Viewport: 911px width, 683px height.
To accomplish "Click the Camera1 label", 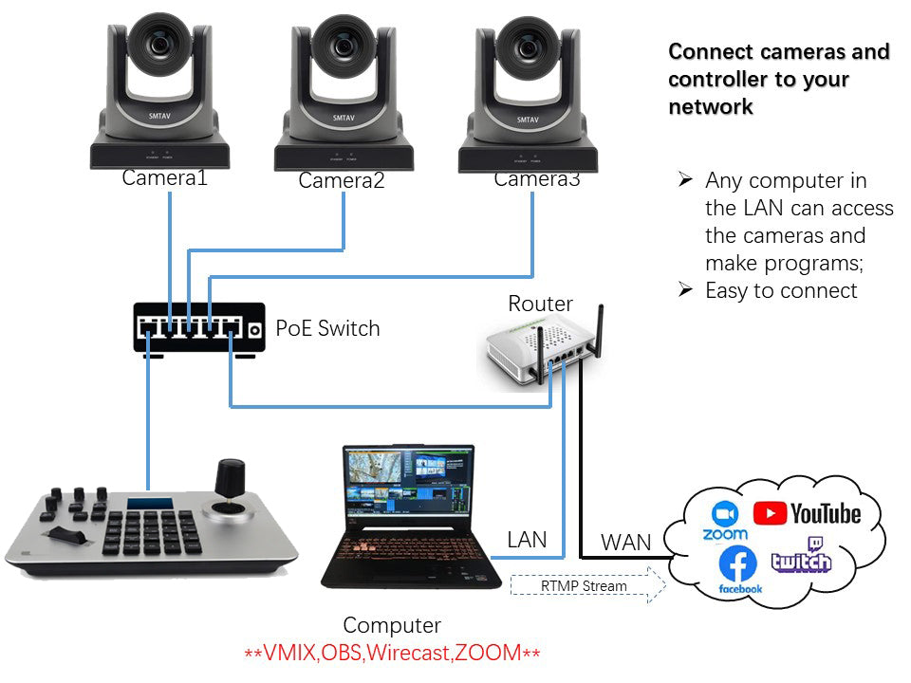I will click(164, 176).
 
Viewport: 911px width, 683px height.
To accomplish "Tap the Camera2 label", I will click(342, 180).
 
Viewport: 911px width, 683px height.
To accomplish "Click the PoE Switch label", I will click(327, 329).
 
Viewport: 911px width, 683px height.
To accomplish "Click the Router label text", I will click(541, 304).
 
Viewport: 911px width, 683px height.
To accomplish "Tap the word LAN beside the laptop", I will click(527, 540).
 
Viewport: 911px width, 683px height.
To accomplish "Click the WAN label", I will click(626, 544).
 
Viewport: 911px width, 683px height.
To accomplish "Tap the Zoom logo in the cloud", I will click(725, 519).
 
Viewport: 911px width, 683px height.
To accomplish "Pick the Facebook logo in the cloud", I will click(739, 568).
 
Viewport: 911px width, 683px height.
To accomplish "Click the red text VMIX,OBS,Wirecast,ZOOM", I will click(392, 653).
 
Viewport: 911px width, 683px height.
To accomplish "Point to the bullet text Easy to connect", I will click(781, 290).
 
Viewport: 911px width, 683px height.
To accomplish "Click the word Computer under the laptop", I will click(392, 625).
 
